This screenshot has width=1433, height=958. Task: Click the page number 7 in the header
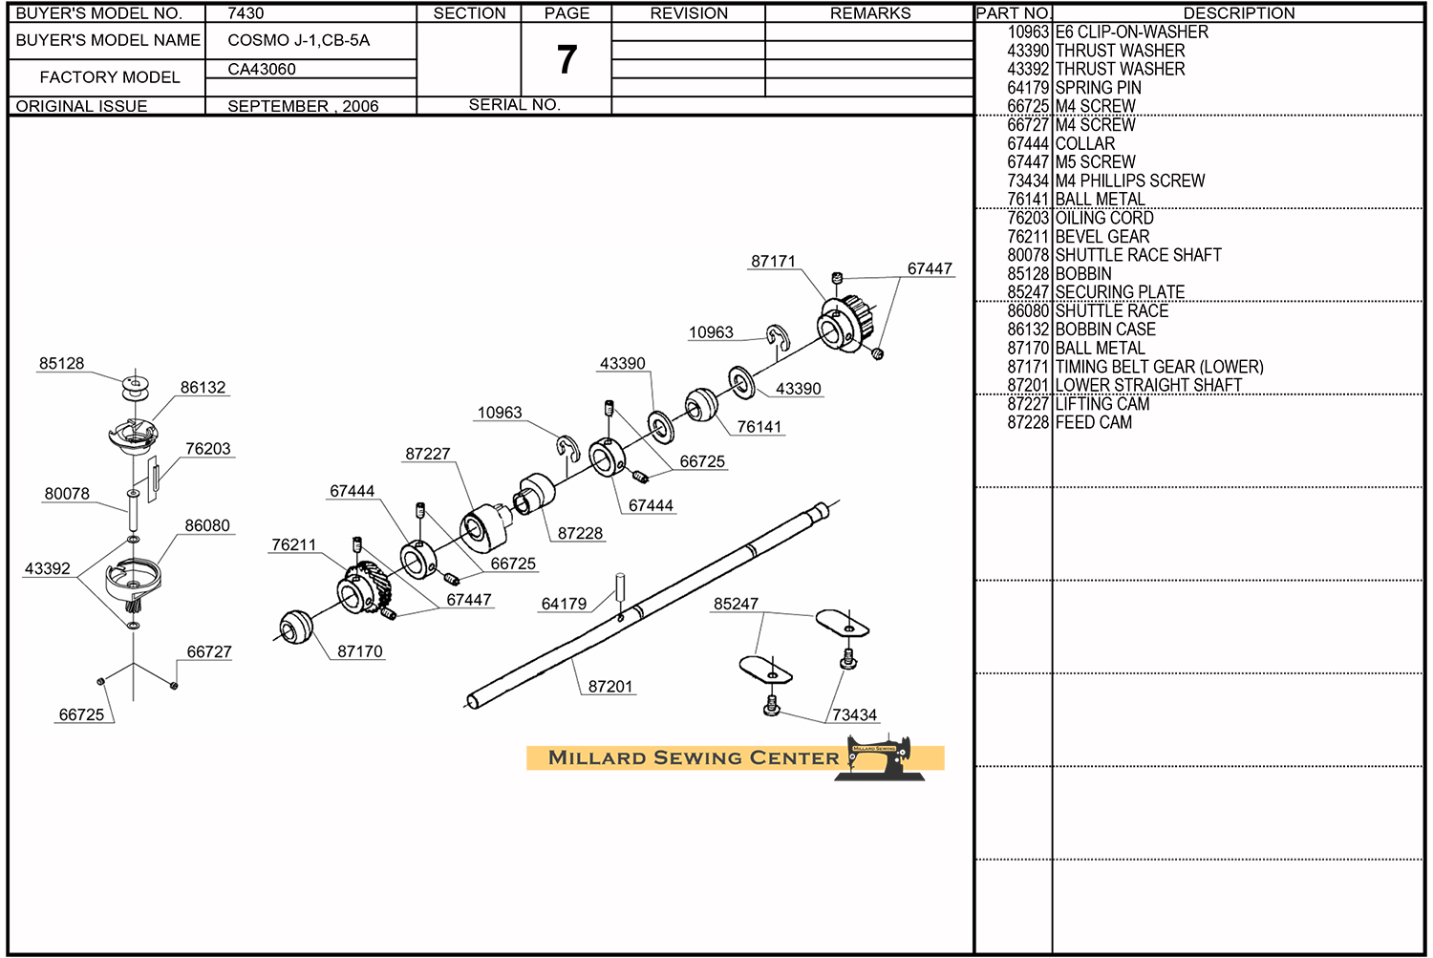[567, 60]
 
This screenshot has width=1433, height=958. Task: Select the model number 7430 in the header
[246, 13]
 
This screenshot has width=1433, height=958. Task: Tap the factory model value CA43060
[262, 69]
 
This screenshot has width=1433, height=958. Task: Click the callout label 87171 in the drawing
[773, 261]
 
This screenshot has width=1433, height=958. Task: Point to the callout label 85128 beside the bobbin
[61, 363]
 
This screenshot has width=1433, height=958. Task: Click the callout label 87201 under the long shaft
[610, 686]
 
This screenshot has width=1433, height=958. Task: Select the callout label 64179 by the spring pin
[564, 604]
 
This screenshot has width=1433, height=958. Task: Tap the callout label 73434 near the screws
[854, 714]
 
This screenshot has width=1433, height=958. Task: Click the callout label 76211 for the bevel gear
[293, 544]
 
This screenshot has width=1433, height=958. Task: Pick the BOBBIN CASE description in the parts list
[1105, 330]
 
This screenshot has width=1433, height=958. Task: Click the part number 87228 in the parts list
[1028, 422]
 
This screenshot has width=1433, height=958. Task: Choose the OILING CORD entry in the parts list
[1104, 218]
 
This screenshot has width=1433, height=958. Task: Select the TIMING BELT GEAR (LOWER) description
[1159, 367]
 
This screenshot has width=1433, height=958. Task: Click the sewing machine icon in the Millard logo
[881, 758]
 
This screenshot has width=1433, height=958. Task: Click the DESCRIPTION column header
[1239, 13]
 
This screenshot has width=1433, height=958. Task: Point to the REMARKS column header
[869, 13]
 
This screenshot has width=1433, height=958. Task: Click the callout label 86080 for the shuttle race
[207, 525]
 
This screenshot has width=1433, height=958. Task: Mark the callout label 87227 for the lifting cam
[427, 454]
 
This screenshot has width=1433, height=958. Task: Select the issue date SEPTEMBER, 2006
[303, 106]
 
